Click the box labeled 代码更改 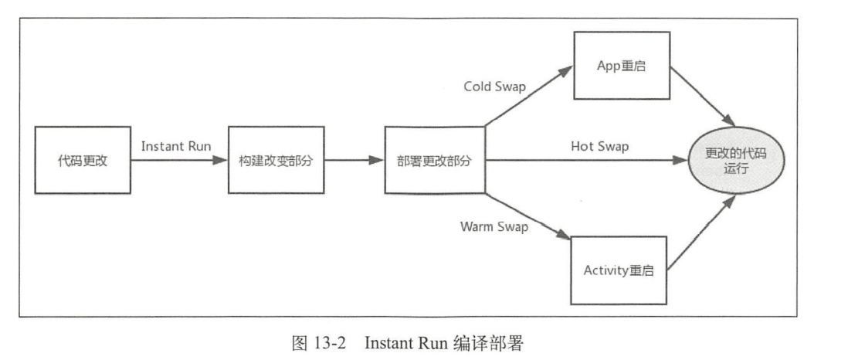[83, 161]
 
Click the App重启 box [620, 66]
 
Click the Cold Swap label [494, 87]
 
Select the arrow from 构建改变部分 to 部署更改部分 [352, 161]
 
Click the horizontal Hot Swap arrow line [587, 161]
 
